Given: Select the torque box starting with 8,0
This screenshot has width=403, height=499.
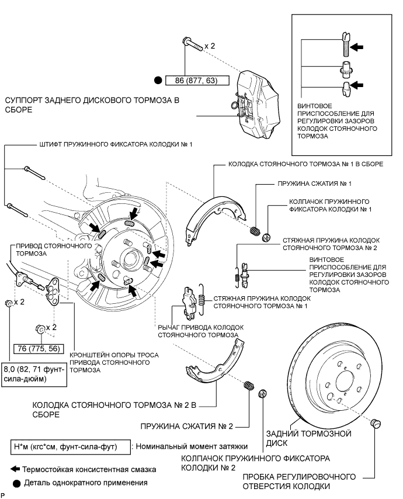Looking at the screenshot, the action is coord(34,374).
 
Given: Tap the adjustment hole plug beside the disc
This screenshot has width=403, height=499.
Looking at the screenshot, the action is coord(376,424).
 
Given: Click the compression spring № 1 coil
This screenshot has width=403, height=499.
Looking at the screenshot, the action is coord(255,231).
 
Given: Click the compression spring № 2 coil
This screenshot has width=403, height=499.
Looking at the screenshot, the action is coord(249,386).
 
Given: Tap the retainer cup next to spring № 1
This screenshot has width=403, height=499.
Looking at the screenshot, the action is coord(266,237).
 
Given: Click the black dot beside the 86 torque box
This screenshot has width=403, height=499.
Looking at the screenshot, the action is coord(158,81).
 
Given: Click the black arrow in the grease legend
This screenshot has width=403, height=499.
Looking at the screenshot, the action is coord(15,469).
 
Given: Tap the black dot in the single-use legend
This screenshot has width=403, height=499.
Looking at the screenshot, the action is coord(16,483).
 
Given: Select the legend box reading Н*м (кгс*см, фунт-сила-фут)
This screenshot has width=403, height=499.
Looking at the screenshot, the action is coord(70,447).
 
